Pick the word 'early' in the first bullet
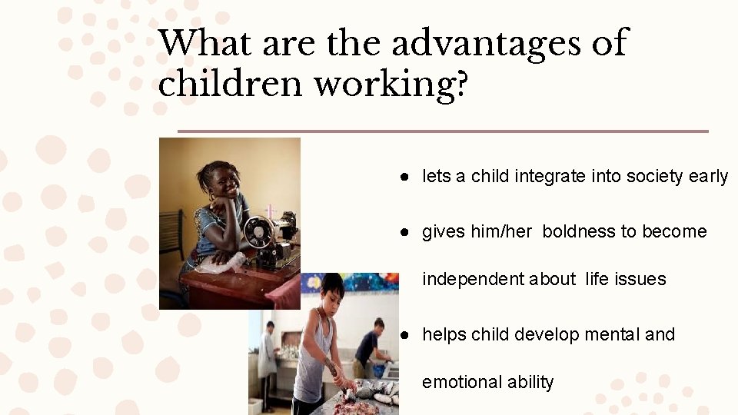pyautogui.click(x=708, y=177)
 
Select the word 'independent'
pyautogui.click(x=473, y=280)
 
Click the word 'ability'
pyautogui.click(x=530, y=383)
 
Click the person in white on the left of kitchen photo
pyautogui.click(x=267, y=354)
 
